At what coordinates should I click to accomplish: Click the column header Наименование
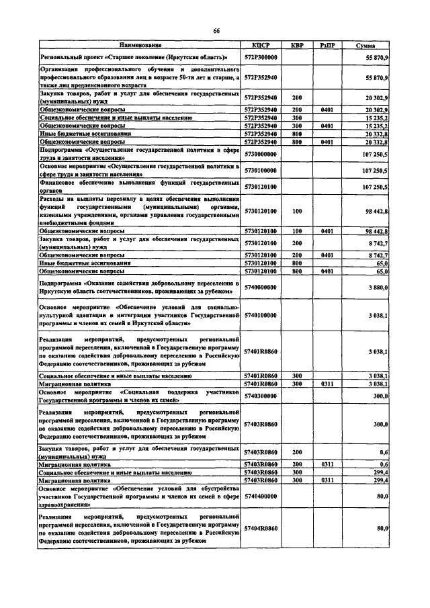click(140, 45)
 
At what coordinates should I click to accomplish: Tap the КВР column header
click(296, 45)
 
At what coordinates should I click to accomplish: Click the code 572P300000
click(261, 58)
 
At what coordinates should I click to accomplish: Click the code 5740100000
click(261, 314)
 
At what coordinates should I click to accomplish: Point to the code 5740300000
click(261, 396)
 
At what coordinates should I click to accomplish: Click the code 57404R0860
click(261, 529)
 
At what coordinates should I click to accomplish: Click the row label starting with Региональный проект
click(134, 58)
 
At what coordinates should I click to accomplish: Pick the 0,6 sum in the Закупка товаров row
click(384, 452)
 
